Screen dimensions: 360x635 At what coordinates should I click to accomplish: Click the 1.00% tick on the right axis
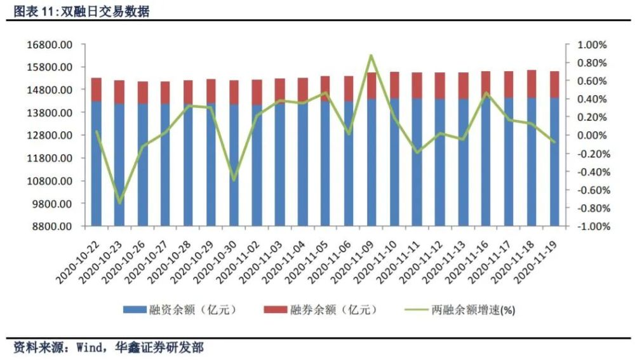(591, 45)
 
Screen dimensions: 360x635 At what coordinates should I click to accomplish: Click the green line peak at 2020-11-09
(371, 56)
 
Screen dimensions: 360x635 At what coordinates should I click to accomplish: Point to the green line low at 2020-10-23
(119, 203)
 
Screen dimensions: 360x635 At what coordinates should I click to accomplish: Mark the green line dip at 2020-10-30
(234, 180)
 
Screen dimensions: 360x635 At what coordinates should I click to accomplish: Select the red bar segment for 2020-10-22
(97, 90)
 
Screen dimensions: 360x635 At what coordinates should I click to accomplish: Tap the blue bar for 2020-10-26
(142, 165)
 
